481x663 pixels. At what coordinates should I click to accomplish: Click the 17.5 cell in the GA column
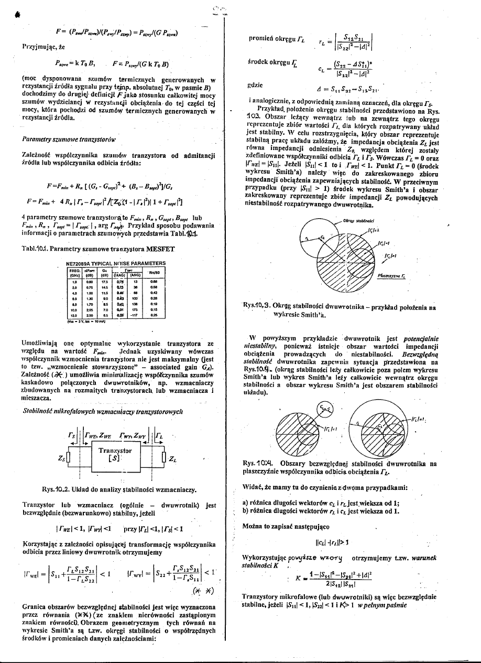point(105,281)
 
